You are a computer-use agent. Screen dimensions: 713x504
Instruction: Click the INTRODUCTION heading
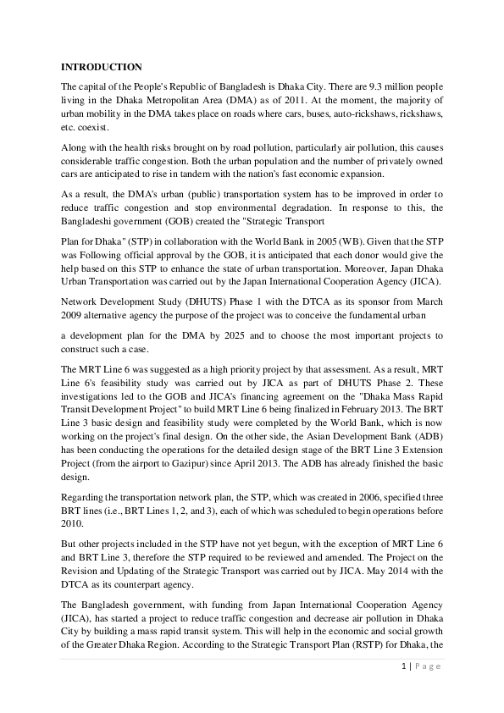tap(102, 67)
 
